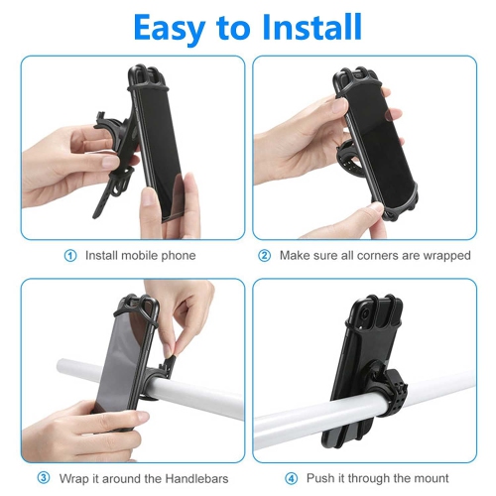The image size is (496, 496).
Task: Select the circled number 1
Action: click(70, 255)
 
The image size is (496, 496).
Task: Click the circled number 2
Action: click(264, 255)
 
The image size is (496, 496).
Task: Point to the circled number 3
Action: click(43, 477)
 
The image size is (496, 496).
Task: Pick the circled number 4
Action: click(292, 477)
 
